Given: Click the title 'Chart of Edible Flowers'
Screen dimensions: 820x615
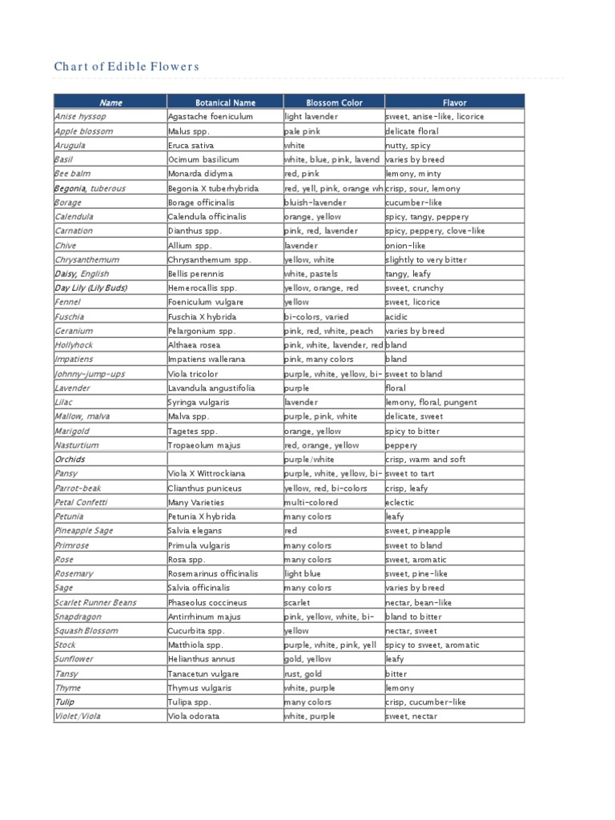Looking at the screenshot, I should [x=126, y=66].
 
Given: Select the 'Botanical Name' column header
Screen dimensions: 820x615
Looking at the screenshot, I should [x=225, y=102].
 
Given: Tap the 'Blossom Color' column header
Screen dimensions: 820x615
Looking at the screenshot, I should [x=334, y=102].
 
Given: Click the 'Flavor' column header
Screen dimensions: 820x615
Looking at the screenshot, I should [x=454, y=102].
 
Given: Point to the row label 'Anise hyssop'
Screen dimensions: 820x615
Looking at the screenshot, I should [x=80, y=117].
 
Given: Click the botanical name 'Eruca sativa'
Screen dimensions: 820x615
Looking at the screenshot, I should [x=191, y=146].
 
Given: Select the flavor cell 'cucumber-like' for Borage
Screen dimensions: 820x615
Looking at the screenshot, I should [x=413, y=203].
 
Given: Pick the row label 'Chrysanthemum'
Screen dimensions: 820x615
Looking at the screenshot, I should [x=86, y=259].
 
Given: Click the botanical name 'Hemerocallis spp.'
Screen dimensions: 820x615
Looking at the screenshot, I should [x=203, y=288].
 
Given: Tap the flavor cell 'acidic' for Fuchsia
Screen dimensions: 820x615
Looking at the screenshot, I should [x=397, y=316].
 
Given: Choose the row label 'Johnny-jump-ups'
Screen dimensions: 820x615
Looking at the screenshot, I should [x=90, y=374].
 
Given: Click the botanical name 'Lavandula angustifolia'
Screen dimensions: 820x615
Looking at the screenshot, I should [x=211, y=388].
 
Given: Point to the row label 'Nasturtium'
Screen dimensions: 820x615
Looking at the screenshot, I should [x=77, y=445].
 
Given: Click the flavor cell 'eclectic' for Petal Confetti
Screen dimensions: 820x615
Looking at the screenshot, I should [x=400, y=502].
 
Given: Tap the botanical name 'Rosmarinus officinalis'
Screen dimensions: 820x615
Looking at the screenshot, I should [x=213, y=573].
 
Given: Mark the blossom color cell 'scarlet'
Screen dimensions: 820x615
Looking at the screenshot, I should [x=298, y=602].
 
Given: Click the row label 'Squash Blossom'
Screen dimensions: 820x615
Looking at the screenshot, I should [x=86, y=631].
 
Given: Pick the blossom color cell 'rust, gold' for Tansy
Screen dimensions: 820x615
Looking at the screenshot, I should [x=303, y=673].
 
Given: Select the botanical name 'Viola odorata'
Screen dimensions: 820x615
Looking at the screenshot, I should [x=193, y=717].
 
